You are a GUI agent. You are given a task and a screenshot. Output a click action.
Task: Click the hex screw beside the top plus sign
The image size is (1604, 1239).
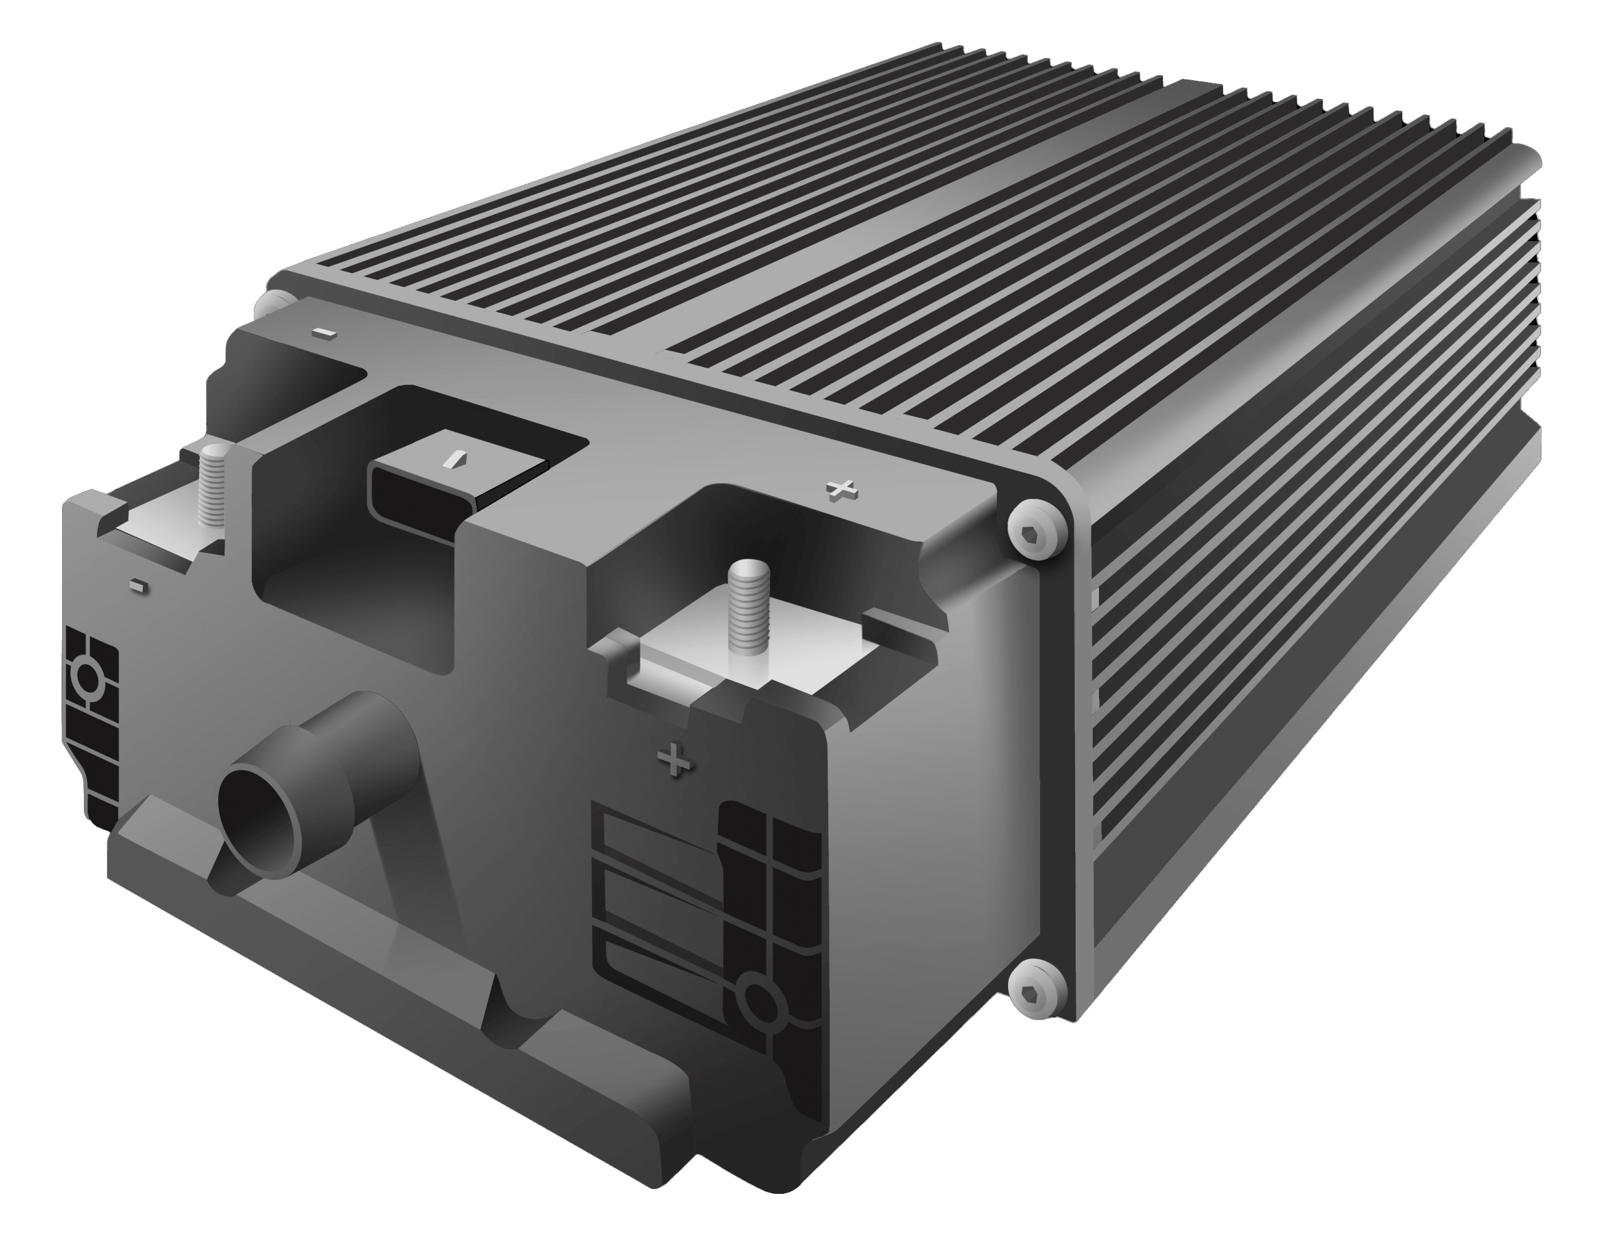tap(1036, 529)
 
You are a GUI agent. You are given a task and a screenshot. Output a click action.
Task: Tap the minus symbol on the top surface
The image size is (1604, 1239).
tap(323, 333)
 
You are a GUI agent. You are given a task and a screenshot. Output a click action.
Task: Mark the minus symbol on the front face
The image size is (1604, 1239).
tap(138, 584)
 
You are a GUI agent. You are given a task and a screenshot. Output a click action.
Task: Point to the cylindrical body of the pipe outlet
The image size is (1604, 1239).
tap(360, 757)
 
